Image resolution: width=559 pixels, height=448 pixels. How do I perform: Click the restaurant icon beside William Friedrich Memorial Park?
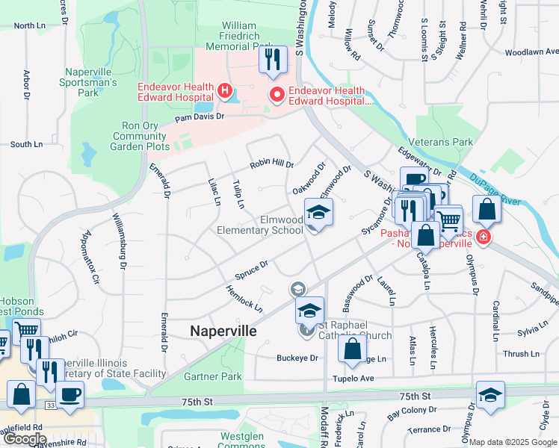(x=273, y=58)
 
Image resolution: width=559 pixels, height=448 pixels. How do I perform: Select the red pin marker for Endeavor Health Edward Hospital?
(x=277, y=94)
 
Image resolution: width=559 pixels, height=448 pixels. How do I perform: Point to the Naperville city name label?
(x=223, y=331)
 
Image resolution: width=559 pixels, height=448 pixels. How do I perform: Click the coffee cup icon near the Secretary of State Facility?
(x=70, y=393)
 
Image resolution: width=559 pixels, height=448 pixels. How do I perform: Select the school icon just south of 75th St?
(x=489, y=394)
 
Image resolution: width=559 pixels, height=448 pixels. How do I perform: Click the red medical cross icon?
(x=483, y=237)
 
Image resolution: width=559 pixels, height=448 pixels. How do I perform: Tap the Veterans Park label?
(x=441, y=142)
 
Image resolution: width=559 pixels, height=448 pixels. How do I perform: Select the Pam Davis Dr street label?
(x=200, y=118)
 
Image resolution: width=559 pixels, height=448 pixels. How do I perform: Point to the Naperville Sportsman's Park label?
(x=87, y=81)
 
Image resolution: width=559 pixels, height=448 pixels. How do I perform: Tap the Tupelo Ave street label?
(x=356, y=379)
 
